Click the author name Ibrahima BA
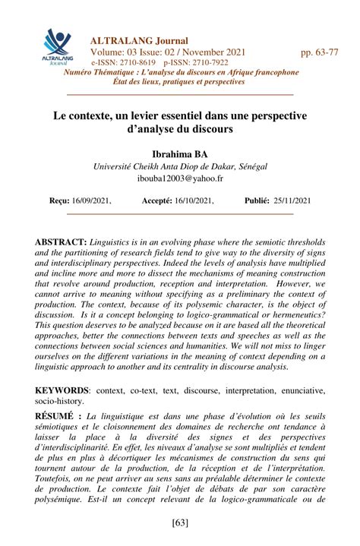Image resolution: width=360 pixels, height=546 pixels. (179, 153)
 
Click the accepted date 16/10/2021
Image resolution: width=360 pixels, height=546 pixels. (193, 200)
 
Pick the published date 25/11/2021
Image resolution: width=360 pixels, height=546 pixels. (292, 200)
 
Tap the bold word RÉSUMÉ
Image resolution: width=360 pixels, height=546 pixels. (57, 416)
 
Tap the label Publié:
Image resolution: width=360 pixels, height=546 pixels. (257, 200)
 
